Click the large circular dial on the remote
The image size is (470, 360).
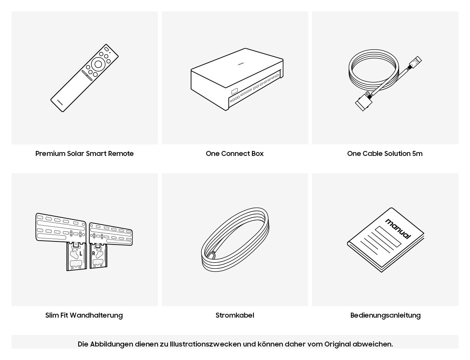pyautogui.click(x=98, y=64)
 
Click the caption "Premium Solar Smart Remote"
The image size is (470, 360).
pyautogui.click(x=84, y=153)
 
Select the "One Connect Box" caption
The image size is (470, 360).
pyautogui.click(x=235, y=153)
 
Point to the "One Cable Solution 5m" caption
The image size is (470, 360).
pyautogui.click(x=385, y=153)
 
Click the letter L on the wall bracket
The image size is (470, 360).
pyautogui.click(x=81, y=253)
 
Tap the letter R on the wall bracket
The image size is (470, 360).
pyautogui.click(x=94, y=253)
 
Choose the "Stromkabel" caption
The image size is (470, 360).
pyautogui.click(x=235, y=315)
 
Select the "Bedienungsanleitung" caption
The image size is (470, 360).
pyautogui.click(x=385, y=315)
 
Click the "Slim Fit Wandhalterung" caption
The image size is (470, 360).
pyautogui.click(x=84, y=315)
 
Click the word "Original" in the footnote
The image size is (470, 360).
pyautogui.click(x=337, y=344)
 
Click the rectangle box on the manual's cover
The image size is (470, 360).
pyautogui.click(x=388, y=236)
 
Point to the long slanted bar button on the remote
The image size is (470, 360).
pyautogui.click(x=87, y=75)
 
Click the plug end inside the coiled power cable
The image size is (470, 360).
pyautogui.click(x=211, y=255)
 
